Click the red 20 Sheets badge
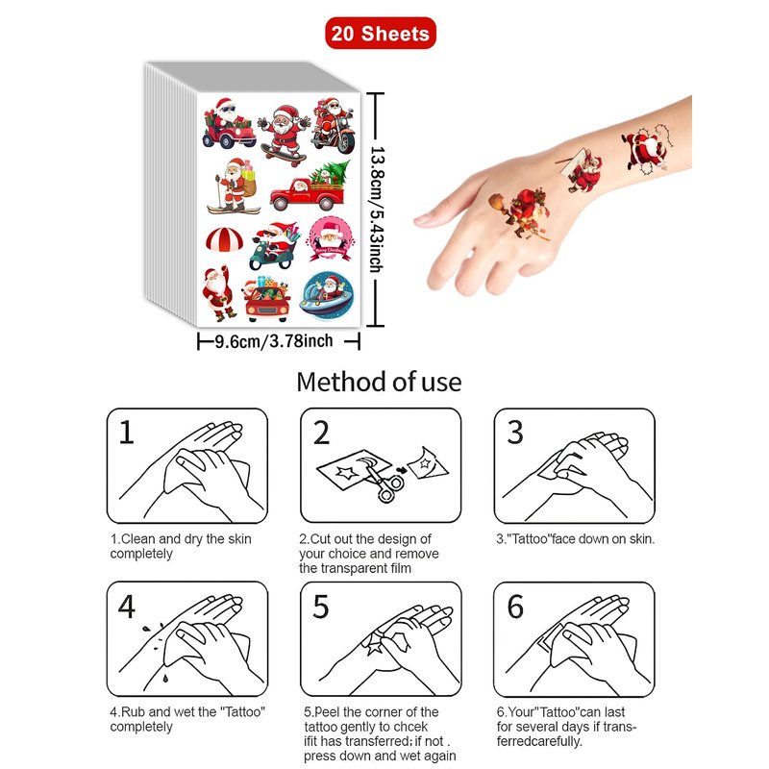[x=380, y=33]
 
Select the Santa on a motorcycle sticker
[x=334, y=125]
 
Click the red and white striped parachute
[x=224, y=238]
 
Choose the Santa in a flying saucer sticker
[x=326, y=296]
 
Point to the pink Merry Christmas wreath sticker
[x=330, y=239]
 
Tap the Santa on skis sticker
[x=234, y=186]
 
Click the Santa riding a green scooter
[x=274, y=246]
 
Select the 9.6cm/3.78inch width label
[x=274, y=341]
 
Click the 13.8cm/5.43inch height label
[x=376, y=210]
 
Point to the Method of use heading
[x=379, y=382]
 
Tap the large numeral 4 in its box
[x=127, y=608]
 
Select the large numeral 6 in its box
[x=515, y=608]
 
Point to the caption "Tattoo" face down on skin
[x=575, y=539]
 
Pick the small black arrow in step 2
[x=402, y=470]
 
